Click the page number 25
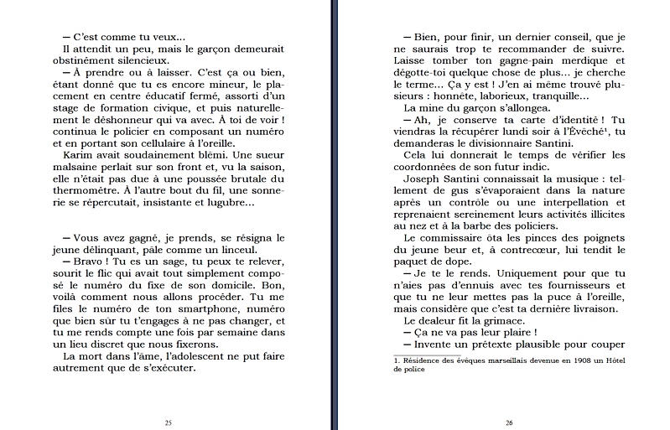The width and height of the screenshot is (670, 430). tap(168, 422)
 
